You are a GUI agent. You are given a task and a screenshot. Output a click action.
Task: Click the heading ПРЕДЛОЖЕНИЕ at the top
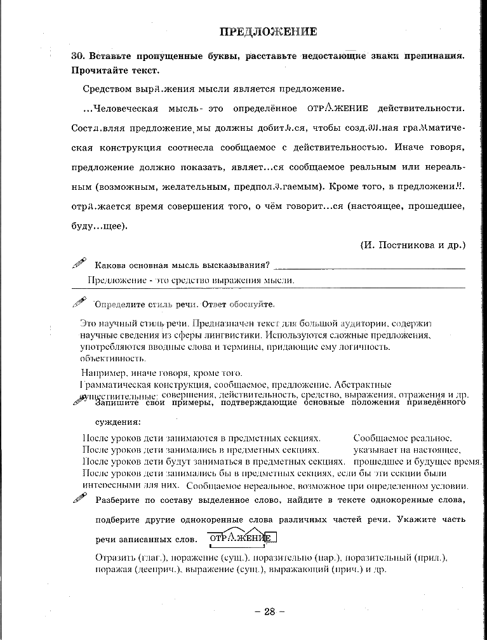(268, 31)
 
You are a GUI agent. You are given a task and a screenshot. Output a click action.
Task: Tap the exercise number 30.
(79, 55)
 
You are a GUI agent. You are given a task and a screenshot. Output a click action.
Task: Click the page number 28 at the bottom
(269, 611)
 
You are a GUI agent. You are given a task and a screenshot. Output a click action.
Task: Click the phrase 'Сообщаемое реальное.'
(402, 438)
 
